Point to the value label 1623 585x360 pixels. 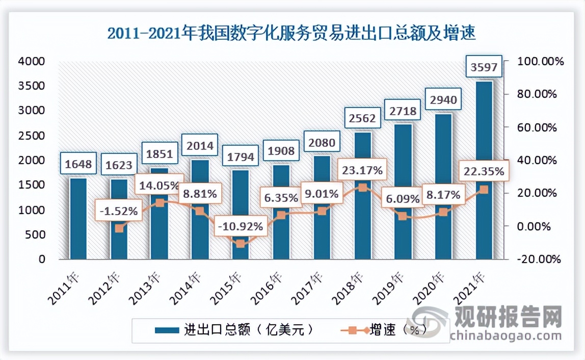pyautogui.click(x=119, y=165)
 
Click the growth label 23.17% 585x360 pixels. pyautogui.click(x=362, y=170)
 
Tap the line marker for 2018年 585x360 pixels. pyautogui.click(x=362, y=188)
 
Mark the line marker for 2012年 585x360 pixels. pyautogui.click(x=119, y=228)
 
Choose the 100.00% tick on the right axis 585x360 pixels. pyautogui.click(x=540, y=61)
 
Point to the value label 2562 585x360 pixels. pyautogui.click(x=362, y=118)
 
